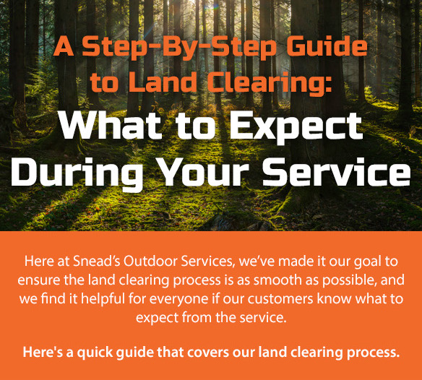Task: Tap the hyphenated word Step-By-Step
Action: coord(173,48)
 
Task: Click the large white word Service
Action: coord(336,173)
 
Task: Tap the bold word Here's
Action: coord(40,353)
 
